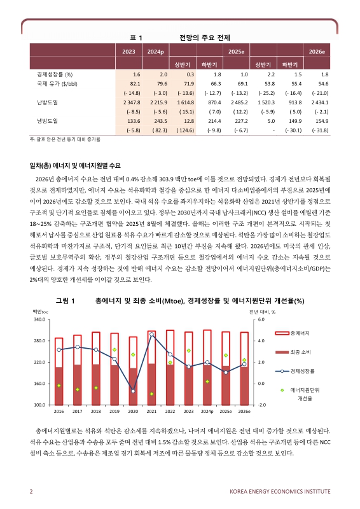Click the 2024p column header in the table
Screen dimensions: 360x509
tap(156, 51)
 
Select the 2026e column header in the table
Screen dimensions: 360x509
tap(317, 51)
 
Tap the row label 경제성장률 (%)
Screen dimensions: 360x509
tap(55, 74)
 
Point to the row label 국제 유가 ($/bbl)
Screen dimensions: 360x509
tap(57, 83)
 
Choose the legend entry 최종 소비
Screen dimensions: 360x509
tap(300, 351)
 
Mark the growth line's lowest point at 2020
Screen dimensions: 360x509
tap(133, 390)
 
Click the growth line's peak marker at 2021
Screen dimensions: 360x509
tap(151, 335)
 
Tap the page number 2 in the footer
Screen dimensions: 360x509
tap(31, 491)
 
